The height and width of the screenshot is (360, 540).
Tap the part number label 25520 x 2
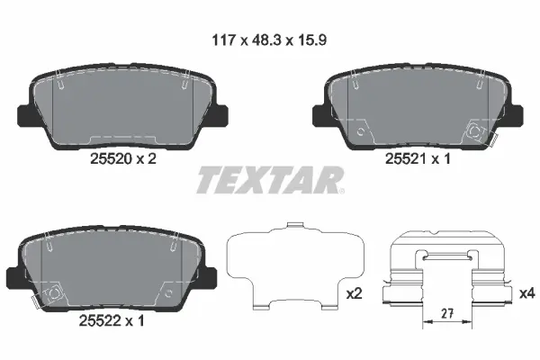(x=123, y=157)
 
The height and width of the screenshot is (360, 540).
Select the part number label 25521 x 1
(x=417, y=157)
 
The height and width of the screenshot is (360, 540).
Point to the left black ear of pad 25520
(x=28, y=115)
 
